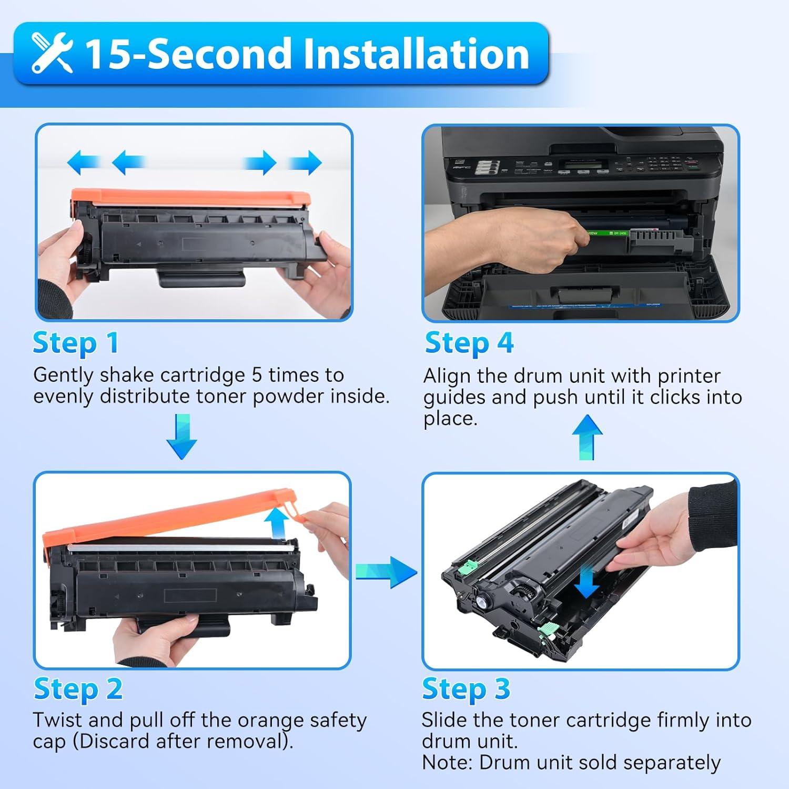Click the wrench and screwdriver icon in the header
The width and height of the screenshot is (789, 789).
click(52, 53)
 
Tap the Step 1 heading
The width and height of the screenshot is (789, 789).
click(75, 343)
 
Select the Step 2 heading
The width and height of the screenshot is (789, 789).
click(78, 689)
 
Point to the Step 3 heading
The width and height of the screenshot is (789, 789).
click(466, 689)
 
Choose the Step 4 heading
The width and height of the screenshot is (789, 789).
click(469, 343)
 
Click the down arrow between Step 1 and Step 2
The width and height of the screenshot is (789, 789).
click(181, 437)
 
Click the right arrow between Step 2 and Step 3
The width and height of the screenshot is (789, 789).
click(387, 571)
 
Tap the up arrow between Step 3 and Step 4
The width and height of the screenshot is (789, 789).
click(587, 437)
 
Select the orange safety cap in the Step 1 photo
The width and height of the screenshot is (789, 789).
click(189, 197)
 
